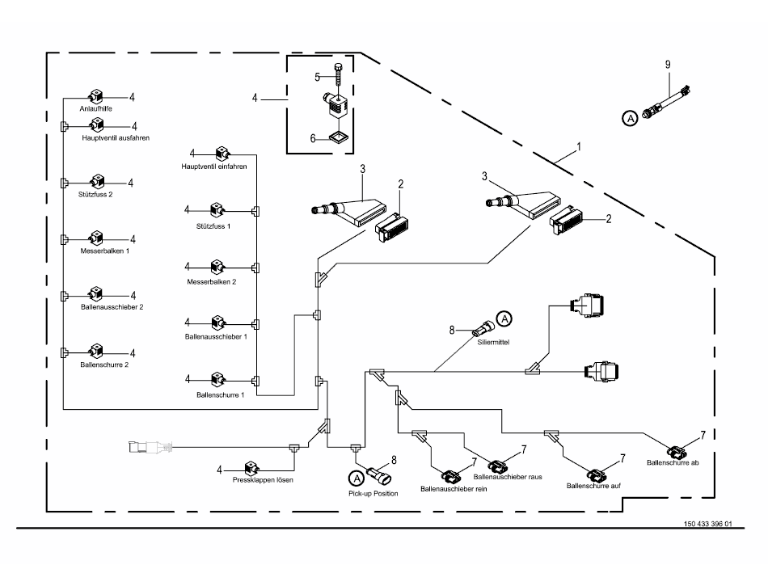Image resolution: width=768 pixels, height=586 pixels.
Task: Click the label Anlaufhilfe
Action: point(95,108)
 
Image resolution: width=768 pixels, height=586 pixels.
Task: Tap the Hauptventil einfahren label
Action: point(213,166)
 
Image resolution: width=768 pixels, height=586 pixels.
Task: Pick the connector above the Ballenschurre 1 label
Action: point(217,377)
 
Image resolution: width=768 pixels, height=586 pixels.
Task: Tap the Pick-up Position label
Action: point(373,492)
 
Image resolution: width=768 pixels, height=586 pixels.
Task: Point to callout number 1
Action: point(578,149)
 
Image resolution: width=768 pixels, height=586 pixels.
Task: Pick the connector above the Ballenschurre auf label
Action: point(597,472)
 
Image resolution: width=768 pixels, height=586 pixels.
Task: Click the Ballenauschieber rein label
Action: point(454,489)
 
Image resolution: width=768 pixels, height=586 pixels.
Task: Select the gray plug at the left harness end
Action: point(150,446)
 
